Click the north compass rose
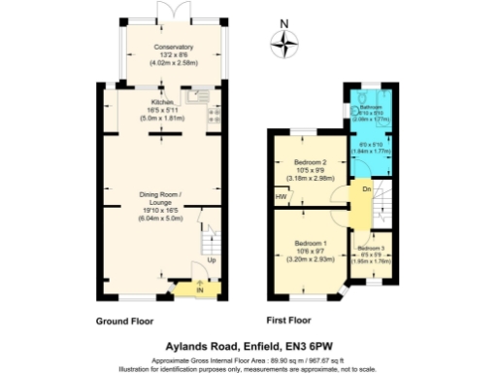pyautogui.click(x=283, y=41)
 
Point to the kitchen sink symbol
pyautogui.click(x=197, y=95)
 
